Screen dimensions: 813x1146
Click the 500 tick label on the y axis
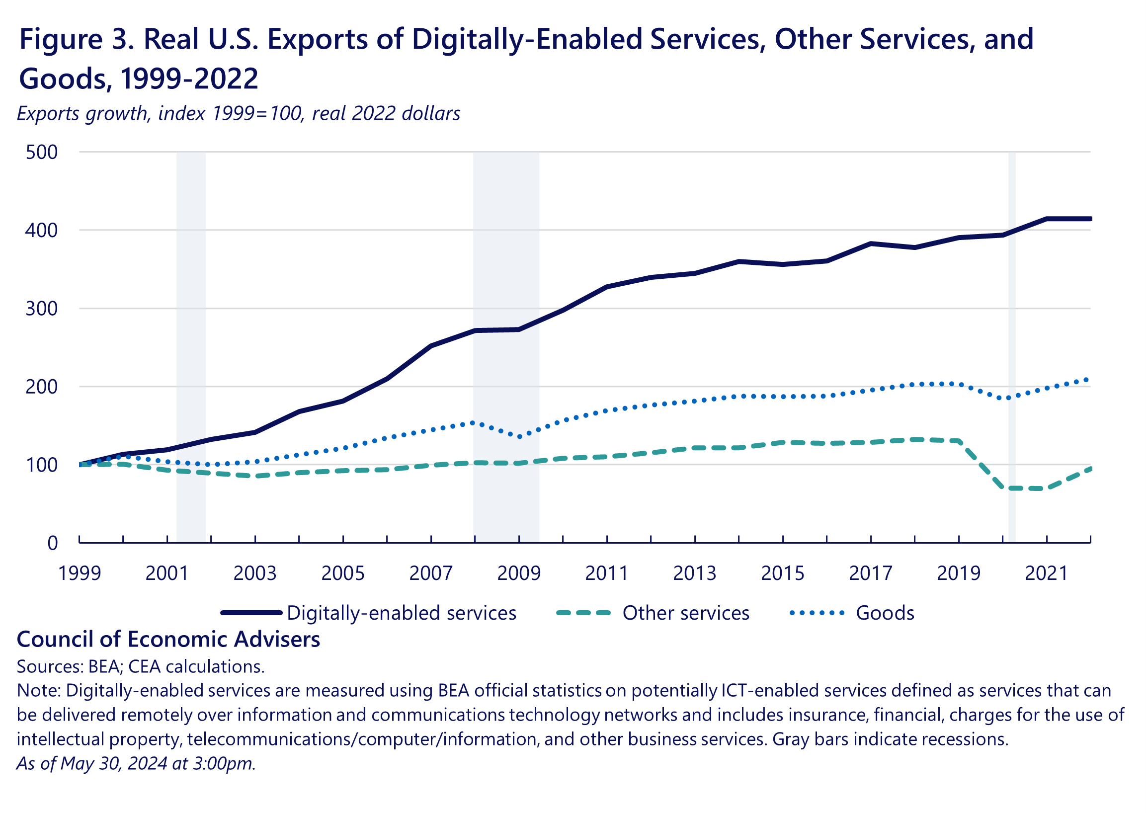42,152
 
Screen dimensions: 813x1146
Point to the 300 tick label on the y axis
42,309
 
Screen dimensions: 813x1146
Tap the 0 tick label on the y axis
52,543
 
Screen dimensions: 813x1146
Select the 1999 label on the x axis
80,573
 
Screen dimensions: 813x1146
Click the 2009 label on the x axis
519,573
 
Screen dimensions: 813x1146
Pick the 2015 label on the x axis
783,573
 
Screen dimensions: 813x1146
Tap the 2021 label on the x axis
1047,573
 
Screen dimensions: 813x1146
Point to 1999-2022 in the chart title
189,79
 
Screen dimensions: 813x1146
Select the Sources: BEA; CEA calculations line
141,667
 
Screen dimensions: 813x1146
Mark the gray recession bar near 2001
191,345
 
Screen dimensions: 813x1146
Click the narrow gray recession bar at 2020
1012,345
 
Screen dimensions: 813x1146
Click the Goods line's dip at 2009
519,436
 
